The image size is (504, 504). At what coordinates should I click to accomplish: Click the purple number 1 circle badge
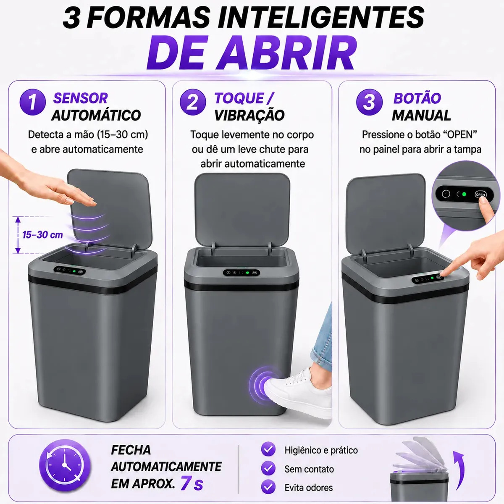pyautogui.click(x=33, y=102)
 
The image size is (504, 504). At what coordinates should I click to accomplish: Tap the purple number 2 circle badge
pyautogui.click(x=193, y=102)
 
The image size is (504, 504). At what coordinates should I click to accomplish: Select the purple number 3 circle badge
pyautogui.click(x=369, y=102)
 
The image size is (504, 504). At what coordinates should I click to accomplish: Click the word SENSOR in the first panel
pyautogui.click(x=81, y=98)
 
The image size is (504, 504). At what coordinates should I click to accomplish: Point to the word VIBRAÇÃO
pyautogui.click(x=249, y=115)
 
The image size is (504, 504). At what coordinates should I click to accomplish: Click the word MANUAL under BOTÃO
pyautogui.click(x=421, y=115)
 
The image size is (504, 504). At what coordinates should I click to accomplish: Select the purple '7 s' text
pyautogui.click(x=192, y=483)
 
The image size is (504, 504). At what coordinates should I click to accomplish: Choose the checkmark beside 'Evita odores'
pyautogui.click(x=268, y=487)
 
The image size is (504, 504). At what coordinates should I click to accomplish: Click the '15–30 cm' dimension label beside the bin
pyautogui.click(x=43, y=235)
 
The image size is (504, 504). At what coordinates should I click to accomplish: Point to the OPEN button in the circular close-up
pyautogui.click(x=480, y=194)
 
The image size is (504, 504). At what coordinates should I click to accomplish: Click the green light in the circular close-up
pyautogui.click(x=464, y=194)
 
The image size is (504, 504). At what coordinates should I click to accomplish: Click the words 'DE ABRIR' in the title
pyautogui.click(x=252, y=53)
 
